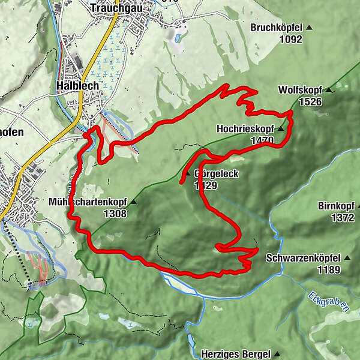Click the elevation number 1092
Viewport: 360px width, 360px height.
point(290,40)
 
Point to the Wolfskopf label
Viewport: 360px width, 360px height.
point(300,90)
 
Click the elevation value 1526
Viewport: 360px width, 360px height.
point(309,101)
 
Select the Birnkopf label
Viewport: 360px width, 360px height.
point(337,206)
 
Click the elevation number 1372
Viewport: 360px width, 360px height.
point(343,218)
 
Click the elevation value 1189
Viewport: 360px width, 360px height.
point(329,269)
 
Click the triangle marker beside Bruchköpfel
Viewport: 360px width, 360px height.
point(310,28)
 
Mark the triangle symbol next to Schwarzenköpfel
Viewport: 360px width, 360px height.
point(346,258)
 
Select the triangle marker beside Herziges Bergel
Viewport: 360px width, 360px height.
point(278,354)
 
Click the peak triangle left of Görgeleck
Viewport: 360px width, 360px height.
point(188,174)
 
